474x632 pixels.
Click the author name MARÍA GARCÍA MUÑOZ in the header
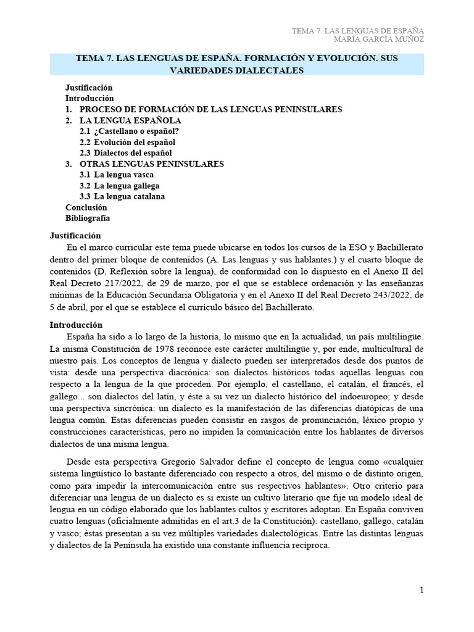pyautogui.click(x=378, y=40)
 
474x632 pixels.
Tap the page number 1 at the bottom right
pyautogui.click(x=422, y=590)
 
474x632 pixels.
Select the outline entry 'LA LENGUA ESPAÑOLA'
pyautogui.click(x=130, y=120)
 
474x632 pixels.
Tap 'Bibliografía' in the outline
pyautogui.click(x=88, y=218)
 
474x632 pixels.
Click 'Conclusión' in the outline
pyautogui.click(x=86, y=208)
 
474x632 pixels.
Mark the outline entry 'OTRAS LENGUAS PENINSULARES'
pyautogui.click(x=152, y=164)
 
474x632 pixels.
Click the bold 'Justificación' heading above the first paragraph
pyautogui.click(x=75, y=236)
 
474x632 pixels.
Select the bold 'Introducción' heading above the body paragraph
pyautogui.click(x=76, y=325)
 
